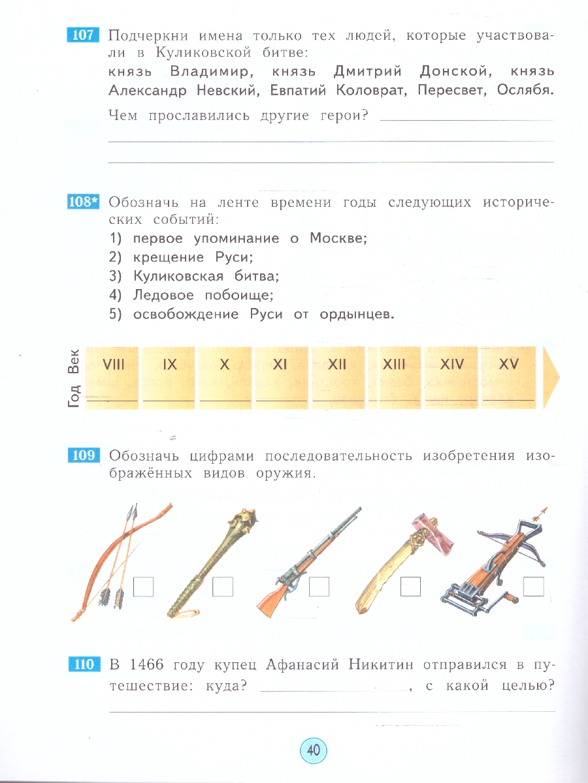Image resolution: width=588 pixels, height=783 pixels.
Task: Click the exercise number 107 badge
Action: coord(82,35)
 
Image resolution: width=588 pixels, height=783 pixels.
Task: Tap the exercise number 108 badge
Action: coord(82,202)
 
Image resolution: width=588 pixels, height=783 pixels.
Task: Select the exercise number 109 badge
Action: coord(82,455)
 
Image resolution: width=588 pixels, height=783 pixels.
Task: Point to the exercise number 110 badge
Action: coord(82,665)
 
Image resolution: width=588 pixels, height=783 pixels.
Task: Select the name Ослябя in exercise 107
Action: coord(525,91)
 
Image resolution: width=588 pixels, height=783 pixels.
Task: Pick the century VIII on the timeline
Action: coord(113,365)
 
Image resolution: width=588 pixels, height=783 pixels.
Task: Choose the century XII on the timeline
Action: coord(337,365)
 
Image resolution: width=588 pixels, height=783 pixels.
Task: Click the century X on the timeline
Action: coord(225,365)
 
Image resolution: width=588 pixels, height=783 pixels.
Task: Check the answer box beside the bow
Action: coord(143,587)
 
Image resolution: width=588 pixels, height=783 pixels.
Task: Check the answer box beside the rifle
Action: coord(319,587)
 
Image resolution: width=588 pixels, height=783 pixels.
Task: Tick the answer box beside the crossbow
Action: coord(534,587)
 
